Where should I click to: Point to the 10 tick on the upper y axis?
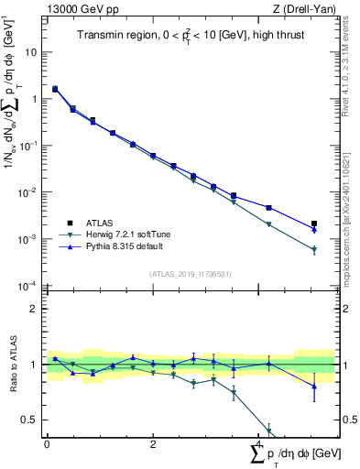tap(31, 52)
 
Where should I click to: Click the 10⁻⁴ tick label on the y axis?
tap(28, 286)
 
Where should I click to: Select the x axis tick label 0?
tap(47, 444)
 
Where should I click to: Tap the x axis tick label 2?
tap(152, 444)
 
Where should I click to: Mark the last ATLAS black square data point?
tap(314, 224)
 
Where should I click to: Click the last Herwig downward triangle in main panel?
tap(314, 250)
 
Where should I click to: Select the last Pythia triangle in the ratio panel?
tap(314, 386)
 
